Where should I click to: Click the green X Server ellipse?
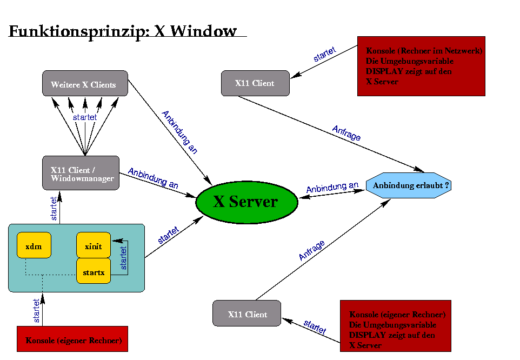[x=246, y=202]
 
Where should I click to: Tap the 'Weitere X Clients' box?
[x=85, y=84]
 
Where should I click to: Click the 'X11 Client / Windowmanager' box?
[x=81, y=173]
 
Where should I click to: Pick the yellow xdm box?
[x=34, y=246]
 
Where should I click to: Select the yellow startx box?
[x=94, y=272]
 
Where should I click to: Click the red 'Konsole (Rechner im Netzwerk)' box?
[x=421, y=66]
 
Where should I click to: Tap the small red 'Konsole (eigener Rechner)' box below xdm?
[x=73, y=340]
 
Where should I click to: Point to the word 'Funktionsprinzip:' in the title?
[x=79, y=31]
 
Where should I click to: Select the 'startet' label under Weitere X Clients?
[x=84, y=117]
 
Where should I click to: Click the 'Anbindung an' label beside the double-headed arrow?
[x=332, y=188]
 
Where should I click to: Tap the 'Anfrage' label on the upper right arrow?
[x=346, y=133]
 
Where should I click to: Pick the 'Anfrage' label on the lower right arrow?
[x=312, y=251]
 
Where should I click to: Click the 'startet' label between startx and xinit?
[x=124, y=258]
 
